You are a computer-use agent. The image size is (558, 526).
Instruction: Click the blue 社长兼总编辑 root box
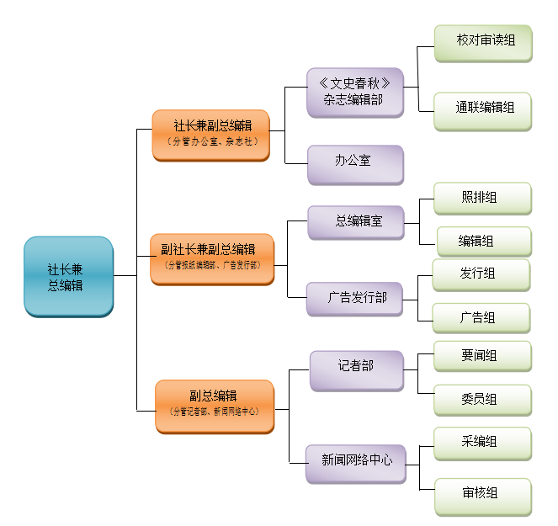point(68,276)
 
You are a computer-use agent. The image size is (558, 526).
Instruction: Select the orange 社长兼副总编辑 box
point(210,134)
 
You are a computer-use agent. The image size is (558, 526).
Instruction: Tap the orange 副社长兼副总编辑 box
point(213,258)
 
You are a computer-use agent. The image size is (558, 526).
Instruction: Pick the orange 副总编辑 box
point(215,405)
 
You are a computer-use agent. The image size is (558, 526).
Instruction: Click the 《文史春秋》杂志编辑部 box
point(355,91)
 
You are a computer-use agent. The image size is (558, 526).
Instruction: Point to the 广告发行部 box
point(355,298)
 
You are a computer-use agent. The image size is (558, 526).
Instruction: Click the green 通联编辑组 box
point(483,109)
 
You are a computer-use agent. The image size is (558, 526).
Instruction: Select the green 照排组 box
point(482,199)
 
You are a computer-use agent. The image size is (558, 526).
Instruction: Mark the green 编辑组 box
point(483,241)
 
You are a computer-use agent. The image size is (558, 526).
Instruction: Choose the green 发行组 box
point(481,274)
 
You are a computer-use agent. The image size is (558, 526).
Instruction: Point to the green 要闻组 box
point(482,356)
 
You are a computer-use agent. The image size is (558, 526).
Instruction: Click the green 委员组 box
point(482,399)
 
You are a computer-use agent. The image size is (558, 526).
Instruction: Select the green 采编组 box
point(482,443)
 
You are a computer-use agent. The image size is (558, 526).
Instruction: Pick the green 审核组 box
point(482,494)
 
